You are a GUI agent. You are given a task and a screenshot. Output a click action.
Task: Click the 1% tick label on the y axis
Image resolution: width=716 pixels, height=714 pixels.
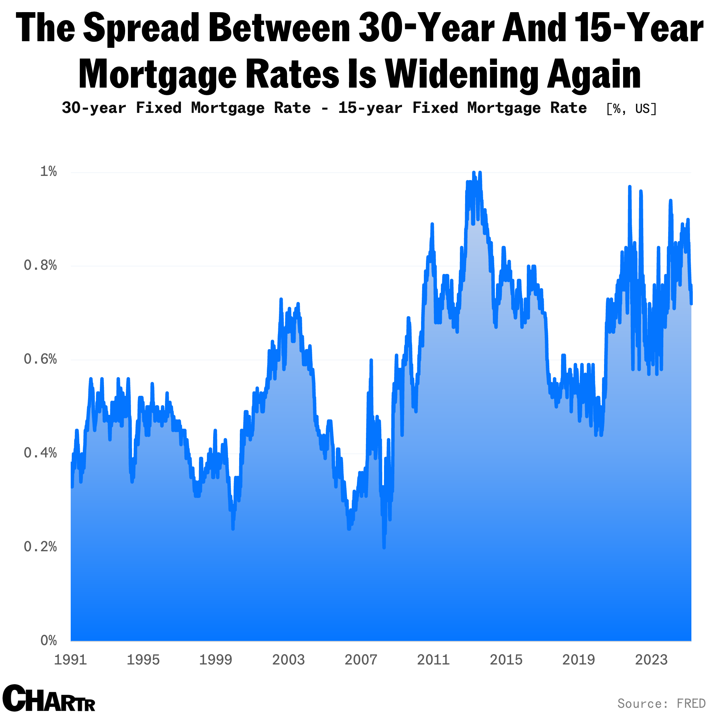[x=48, y=171]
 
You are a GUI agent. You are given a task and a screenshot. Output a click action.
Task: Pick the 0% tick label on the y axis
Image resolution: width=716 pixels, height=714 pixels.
[x=48, y=640]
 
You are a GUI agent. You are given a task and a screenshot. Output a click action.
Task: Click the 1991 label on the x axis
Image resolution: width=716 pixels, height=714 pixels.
[x=70, y=660]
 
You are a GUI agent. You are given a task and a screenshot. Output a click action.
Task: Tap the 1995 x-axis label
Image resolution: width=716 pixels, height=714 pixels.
[x=143, y=660]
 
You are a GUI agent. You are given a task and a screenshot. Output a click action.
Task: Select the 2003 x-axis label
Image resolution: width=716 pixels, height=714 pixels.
[x=288, y=660]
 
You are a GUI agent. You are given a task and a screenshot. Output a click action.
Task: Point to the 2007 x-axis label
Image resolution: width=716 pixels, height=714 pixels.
[x=361, y=660]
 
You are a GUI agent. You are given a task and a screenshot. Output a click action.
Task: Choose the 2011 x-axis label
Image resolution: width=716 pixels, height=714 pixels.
[x=433, y=660]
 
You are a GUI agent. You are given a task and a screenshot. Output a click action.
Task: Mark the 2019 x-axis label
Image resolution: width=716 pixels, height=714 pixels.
[x=578, y=660]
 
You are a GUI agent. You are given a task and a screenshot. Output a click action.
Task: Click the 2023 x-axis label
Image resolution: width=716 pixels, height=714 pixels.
[x=651, y=660]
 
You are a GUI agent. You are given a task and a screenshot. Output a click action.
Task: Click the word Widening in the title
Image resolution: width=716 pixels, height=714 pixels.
[x=461, y=74]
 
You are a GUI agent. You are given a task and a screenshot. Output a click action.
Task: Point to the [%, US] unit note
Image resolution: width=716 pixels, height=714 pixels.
[x=631, y=108]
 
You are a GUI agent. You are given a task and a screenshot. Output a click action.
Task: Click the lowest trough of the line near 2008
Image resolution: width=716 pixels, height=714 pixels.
[x=384, y=547]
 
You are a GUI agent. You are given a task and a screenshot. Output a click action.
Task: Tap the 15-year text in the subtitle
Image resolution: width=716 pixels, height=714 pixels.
[x=370, y=108]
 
